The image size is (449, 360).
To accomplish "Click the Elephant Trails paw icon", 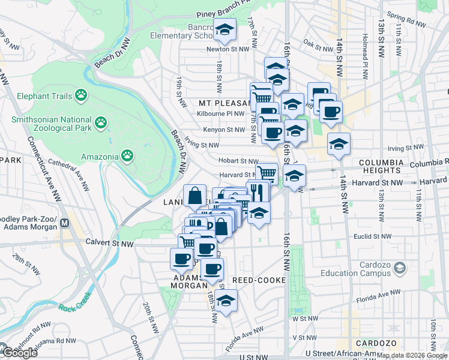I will [81, 95].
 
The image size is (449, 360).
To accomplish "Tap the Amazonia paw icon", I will [127, 156].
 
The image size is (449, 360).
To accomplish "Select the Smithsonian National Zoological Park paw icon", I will [101, 124].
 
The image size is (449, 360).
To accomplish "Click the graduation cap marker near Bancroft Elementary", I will [225, 30].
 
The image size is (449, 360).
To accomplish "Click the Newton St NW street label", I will [222, 49].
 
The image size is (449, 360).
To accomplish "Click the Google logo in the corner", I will [19, 352].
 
